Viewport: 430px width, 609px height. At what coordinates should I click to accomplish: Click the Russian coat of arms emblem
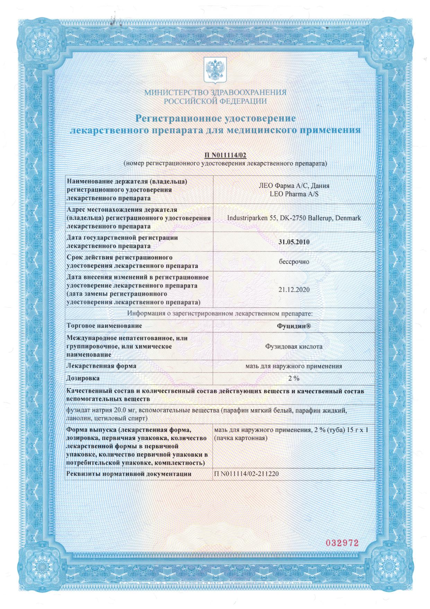point(215,70)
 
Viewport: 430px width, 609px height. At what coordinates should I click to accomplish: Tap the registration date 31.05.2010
point(294,242)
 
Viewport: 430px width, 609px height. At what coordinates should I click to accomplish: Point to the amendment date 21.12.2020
point(294,289)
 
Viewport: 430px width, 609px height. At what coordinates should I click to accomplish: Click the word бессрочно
point(294,262)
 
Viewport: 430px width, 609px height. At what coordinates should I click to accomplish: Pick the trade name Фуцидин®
point(294,326)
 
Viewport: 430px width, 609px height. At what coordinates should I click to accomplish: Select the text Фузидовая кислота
point(294,346)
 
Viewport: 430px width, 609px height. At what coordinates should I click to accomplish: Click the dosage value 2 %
point(294,378)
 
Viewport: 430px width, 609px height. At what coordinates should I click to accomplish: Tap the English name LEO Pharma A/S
point(294,194)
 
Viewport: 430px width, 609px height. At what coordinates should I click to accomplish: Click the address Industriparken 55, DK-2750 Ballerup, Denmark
point(294,218)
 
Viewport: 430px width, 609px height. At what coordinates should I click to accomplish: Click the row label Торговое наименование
point(104,326)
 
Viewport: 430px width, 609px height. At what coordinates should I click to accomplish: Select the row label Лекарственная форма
point(101,366)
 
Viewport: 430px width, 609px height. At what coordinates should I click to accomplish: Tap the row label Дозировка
point(83,378)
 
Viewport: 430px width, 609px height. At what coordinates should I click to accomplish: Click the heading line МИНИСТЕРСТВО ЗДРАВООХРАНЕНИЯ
point(215,93)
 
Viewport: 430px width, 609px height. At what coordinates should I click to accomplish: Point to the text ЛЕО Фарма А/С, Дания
point(294,186)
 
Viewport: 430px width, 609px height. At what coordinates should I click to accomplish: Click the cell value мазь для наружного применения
point(294,366)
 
